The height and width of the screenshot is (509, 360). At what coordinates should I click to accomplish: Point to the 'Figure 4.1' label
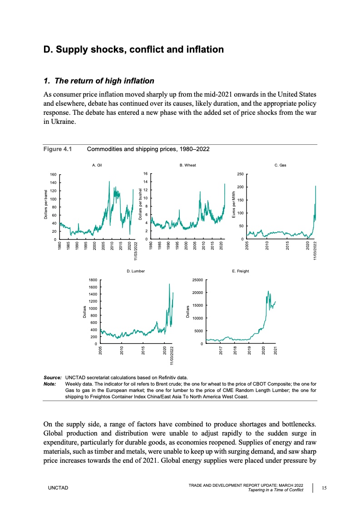(x=58, y=149)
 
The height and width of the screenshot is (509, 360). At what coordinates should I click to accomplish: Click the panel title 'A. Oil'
(x=97, y=166)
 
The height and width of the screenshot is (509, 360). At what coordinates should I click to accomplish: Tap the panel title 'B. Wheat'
(x=187, y=166)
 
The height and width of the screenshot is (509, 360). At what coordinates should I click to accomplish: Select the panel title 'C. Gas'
(x=280, y=166)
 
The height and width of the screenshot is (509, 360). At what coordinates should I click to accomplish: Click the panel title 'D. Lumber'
(x=136, y=271)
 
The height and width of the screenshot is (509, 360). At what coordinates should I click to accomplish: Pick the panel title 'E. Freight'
(x=240, y=271)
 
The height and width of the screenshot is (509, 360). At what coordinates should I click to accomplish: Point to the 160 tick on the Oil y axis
(x=53, y=174)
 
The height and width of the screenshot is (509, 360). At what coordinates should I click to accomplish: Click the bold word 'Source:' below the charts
(x=52, y=377)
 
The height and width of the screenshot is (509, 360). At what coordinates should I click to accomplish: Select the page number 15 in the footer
(x=324, y=487)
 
